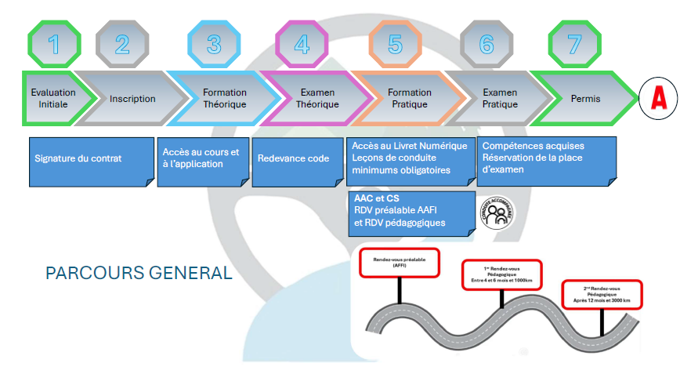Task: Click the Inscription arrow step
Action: click(132, 99)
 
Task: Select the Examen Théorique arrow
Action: click(317, 99)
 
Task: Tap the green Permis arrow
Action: click(586, 99)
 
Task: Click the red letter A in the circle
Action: click(659, 99)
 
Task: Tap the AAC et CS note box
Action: click(411, 212)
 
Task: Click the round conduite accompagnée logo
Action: click(496, 212)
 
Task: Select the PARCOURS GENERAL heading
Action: click(139, 273)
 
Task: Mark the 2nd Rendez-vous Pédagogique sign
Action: click(602, 293)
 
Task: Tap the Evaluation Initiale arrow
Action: click(53, 99)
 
